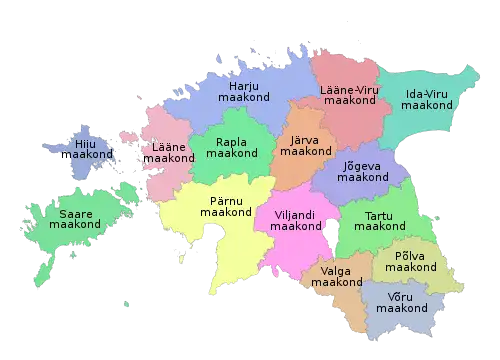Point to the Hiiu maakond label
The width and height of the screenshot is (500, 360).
coord(94,150)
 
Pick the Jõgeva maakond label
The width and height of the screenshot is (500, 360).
coord(362,170)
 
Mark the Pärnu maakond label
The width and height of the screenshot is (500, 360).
coord(230,206)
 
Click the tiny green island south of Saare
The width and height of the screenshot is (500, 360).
coord(126,305)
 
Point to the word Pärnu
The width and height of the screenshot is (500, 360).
coord(230,199)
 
